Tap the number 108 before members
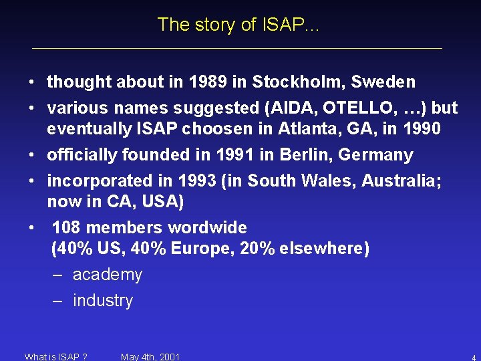click(x=67, y=228)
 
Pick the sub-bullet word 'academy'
click(x=107, y=275)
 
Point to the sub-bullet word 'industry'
click(x=102, y=301)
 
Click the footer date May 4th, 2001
click(x=150, y=357)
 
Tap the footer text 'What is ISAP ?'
click(x=56, y=357)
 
